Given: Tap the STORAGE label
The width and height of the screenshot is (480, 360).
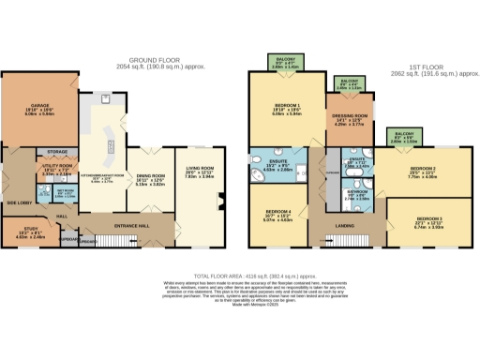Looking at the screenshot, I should click(57, 151).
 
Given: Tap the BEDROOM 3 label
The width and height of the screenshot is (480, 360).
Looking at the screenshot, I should click(429, 221).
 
